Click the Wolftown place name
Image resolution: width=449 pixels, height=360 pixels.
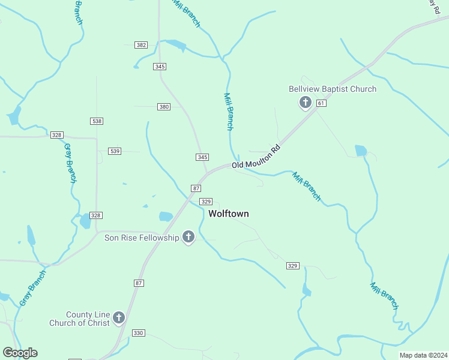pos(228,214)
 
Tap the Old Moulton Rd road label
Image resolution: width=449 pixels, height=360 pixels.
pos(256,156)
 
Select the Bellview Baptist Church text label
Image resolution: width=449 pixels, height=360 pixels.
pos(333,89)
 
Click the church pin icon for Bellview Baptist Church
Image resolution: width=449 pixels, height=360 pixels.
pos(305,103)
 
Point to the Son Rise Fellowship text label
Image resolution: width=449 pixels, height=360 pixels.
pos(142,238)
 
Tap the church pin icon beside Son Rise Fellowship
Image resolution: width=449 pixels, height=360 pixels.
pos(188,238)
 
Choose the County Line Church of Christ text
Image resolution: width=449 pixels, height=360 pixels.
pos(88,319)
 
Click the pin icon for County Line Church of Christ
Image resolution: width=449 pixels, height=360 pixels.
pos(119,317)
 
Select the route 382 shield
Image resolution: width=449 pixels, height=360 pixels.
pos(141,45)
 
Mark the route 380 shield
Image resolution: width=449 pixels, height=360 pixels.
pos(164,107)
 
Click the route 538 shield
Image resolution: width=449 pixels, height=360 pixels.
pos(97,121)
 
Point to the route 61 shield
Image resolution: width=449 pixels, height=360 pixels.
pos(322,104)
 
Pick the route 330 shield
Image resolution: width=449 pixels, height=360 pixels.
pos(138,333)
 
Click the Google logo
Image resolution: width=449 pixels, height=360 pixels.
pos(20,353)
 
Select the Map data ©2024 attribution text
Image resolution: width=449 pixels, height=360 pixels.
pos(423,355)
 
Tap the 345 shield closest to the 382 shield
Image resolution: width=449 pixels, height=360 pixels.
pos(160,67)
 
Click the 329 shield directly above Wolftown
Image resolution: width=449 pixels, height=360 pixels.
pos(206,202)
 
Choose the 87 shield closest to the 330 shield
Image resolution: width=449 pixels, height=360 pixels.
pos(139,283)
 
